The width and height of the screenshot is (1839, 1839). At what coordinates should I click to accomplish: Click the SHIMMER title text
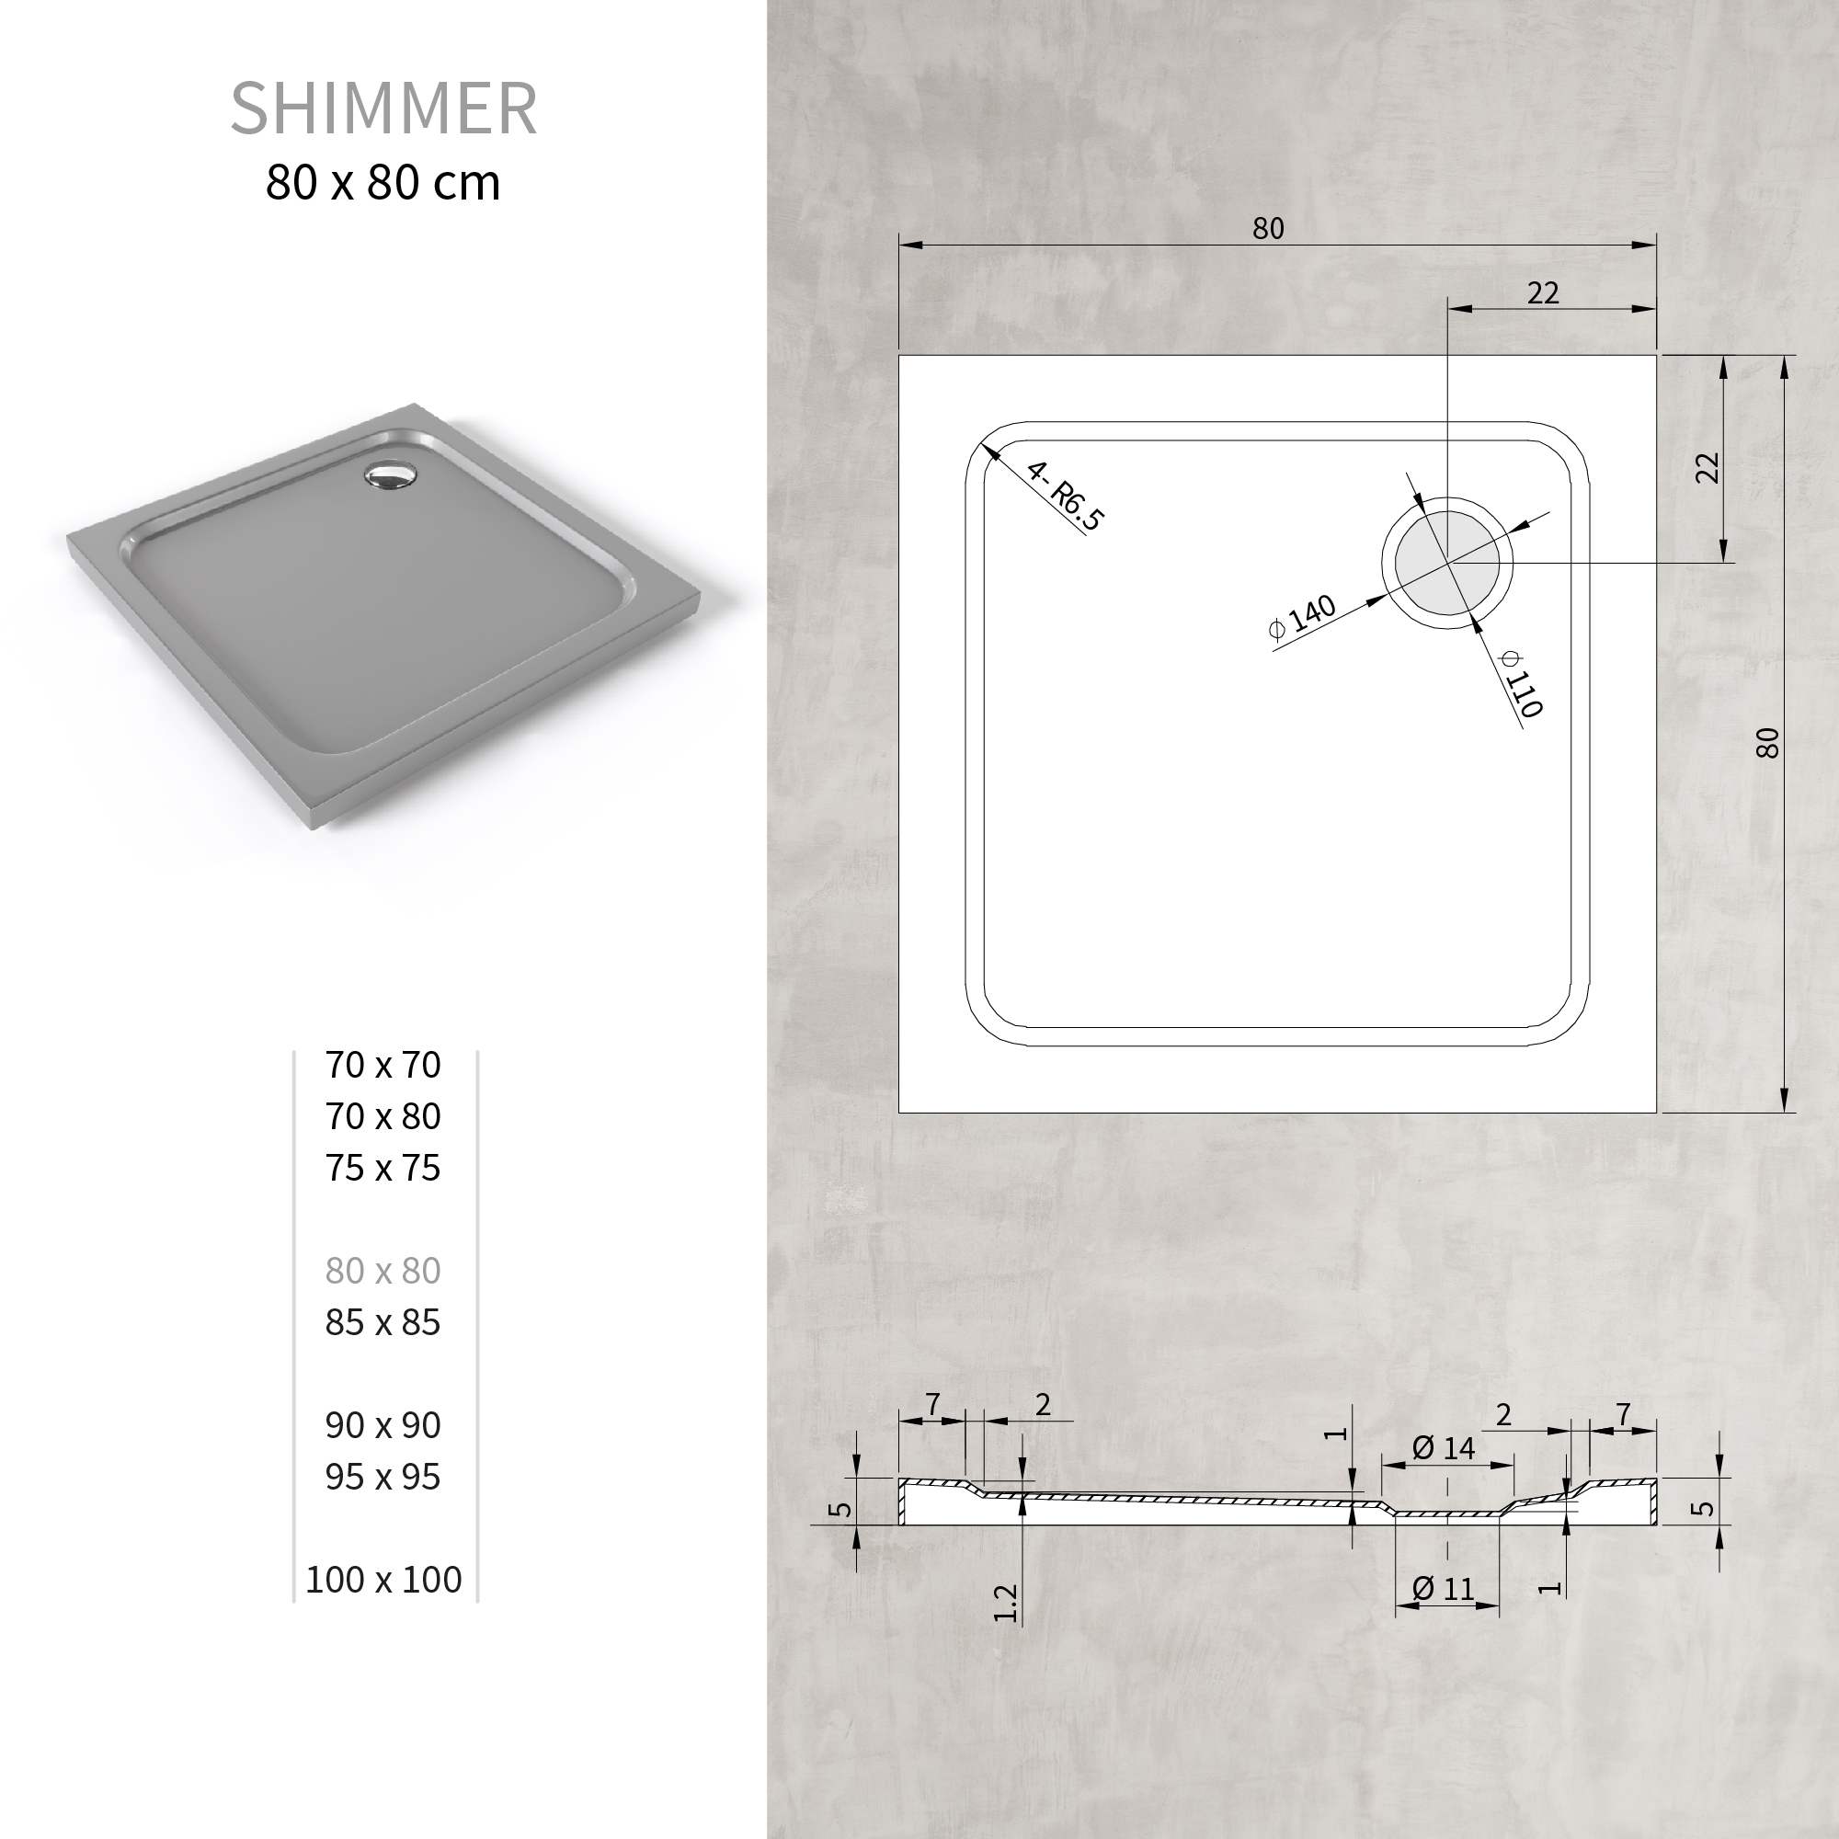(383, 109)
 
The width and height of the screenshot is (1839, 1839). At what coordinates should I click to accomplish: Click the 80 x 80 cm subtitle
(383, 183)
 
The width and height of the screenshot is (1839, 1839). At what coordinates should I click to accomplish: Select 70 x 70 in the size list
(383, 1064)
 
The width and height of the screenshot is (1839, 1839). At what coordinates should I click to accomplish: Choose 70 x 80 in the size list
(383, 1115)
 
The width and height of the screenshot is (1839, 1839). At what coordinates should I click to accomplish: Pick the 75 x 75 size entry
(383, 1167)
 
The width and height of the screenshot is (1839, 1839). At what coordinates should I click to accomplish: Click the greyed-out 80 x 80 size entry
(383, 1270)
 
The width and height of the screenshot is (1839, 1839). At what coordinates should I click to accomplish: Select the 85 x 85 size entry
(383, 1321)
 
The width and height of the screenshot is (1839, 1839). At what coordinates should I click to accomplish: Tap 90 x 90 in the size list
(383, 1424)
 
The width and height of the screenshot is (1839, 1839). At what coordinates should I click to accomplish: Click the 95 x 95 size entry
(383, 1476)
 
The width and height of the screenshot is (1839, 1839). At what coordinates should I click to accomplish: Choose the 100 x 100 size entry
(383, 1579)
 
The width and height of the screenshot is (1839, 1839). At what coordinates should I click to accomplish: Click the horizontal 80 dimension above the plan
(1268, 228)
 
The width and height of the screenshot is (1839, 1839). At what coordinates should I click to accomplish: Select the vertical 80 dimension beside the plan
(1766, 742)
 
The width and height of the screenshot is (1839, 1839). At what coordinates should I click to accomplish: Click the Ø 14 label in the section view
(1443, 1449)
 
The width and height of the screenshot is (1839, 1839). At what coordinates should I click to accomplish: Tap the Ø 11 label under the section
(1443, 1589)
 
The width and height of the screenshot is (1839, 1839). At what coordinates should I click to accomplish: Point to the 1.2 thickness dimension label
(1005, 1603)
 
